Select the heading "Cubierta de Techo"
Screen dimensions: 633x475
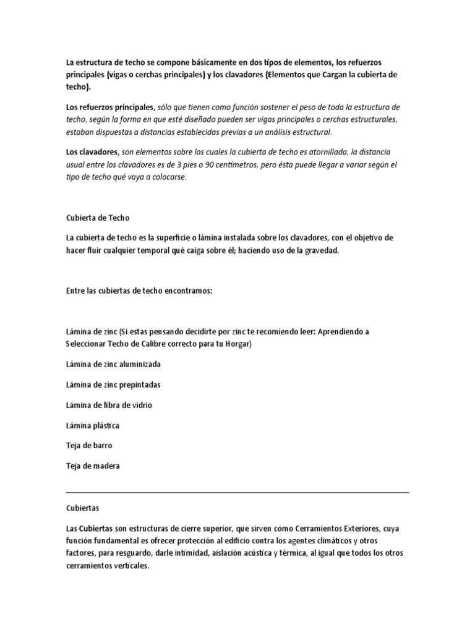(x=98, y=218)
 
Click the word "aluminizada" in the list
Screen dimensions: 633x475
(x=139, y=364)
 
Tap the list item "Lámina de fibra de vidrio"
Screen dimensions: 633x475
(x=109, y=405)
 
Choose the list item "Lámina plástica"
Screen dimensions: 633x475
(x=93, y=425)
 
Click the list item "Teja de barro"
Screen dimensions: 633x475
(x=89, y=445)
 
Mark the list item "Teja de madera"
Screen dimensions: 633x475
(x=93, y=465)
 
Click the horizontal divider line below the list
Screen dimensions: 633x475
(x=237, y=493)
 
